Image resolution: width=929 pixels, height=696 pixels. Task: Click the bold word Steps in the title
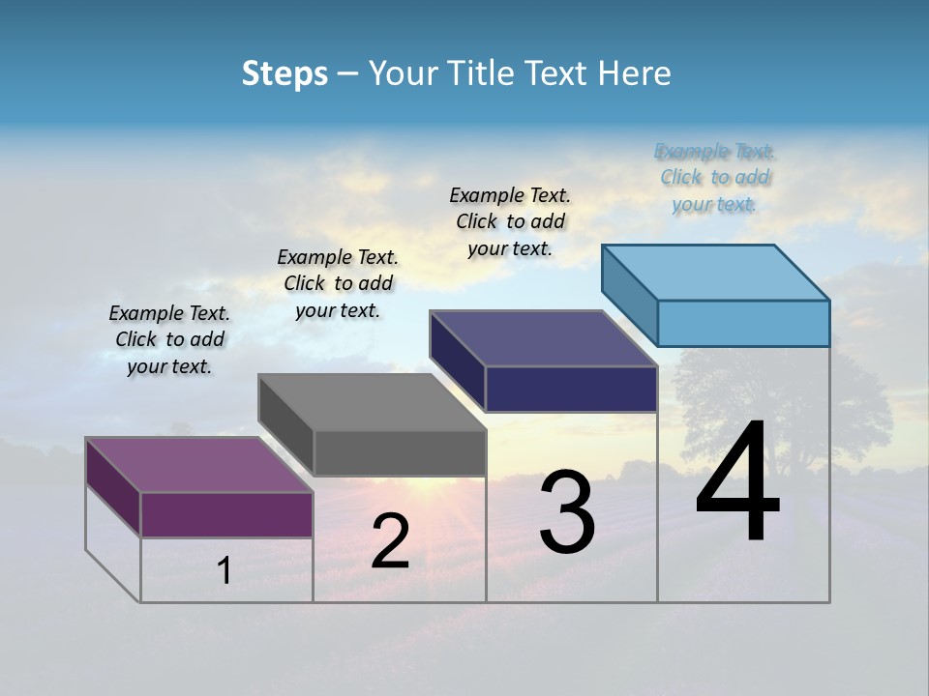coord(285,73)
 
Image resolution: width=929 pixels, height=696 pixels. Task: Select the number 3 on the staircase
coord(567,512)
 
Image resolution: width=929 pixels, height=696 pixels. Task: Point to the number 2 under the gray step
coord(390,541)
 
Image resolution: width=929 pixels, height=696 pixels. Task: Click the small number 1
coord(225,571)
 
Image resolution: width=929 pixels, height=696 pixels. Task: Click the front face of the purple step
coord(227,514)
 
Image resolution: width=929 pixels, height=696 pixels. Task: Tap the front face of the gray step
coord(400,452)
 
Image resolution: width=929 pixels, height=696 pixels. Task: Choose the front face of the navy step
coord(571,389)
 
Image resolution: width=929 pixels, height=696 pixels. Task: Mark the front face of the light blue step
coord(743,323)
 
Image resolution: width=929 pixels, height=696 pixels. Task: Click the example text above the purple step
coord(169,339)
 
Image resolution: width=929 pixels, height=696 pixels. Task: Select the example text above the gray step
coord(338,283)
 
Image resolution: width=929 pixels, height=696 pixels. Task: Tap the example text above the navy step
coord(510,221)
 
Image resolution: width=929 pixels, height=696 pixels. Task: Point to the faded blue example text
coord(715,178)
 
